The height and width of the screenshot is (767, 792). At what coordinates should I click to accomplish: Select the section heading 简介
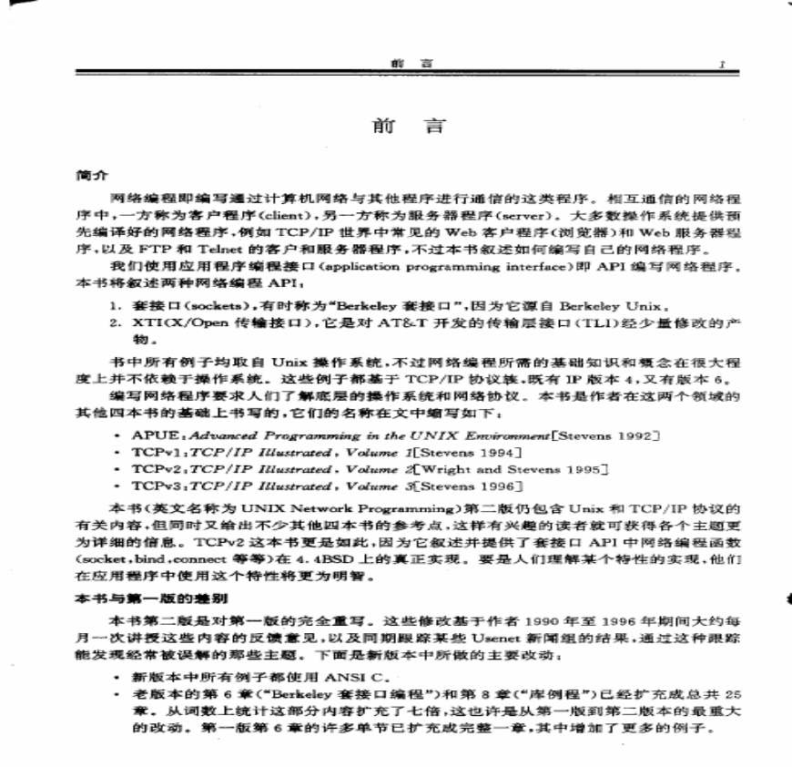pos(93,173)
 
